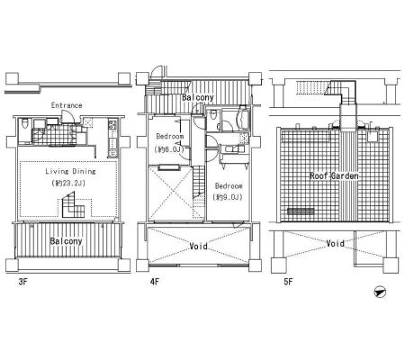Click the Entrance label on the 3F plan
67,105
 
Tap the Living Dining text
70,171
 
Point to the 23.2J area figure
68,183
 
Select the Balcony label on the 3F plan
66,241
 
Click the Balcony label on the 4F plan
198,97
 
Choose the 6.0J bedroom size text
169,148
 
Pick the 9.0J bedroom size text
228,197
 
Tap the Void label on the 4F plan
198,247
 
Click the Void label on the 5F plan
335,243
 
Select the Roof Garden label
334,175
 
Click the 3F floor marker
22,282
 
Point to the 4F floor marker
155,282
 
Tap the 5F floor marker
288,282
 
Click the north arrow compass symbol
380,292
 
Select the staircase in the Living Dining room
74,205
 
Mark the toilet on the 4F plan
213,115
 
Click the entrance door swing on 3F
66,116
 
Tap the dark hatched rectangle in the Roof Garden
301,211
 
